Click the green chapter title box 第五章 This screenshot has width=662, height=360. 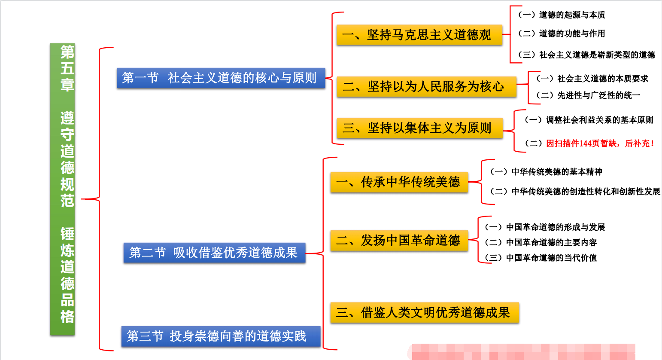[63, 189]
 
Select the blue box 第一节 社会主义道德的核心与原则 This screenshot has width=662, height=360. [221, 78]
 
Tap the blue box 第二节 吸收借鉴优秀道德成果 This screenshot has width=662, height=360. [214, 253]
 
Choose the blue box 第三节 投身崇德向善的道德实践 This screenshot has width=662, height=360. [221, 336]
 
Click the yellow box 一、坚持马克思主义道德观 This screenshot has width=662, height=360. [419, 35]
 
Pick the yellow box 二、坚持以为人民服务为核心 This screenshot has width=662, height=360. [426, 86]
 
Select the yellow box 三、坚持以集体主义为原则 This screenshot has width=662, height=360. [419, 128]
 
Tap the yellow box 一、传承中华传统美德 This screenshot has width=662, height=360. [399, 182]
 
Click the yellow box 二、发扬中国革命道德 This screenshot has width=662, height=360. [399, 240]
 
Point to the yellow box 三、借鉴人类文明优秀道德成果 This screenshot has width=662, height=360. [424, 312]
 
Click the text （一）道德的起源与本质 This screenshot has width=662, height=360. [562, 15]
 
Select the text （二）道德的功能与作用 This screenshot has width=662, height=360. [562, 34]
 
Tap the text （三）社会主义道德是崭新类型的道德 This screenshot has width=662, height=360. [586, 55]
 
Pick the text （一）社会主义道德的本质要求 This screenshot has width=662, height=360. [592, 79]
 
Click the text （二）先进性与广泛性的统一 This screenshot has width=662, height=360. [588, 95]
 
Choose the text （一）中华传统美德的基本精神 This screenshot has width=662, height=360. [546, 172]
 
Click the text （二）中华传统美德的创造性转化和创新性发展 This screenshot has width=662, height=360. [575, 192]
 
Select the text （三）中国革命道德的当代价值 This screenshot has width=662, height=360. [541, 258]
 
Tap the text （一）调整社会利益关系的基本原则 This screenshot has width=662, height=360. [589, 120]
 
